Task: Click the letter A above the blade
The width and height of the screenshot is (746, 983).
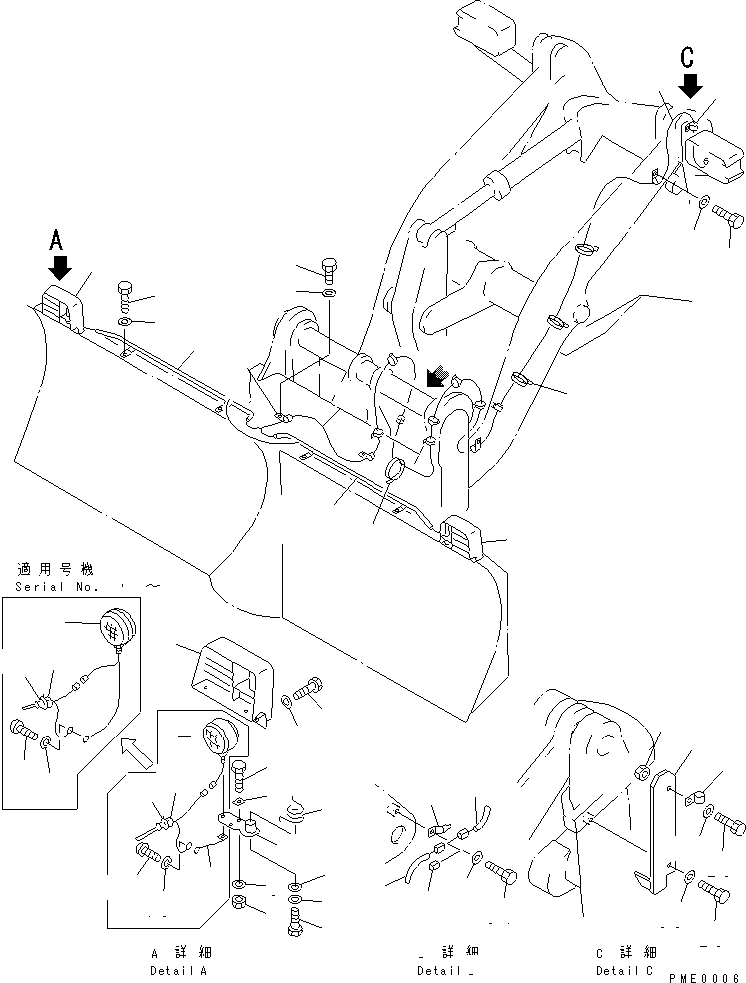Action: coord(58,240)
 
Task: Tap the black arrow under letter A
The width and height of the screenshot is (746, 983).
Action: coord(59,267)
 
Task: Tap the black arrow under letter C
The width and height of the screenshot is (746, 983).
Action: coord(689,86)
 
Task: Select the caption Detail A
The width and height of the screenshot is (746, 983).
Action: coord(180,970)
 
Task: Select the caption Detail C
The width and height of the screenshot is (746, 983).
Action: coord(626,970)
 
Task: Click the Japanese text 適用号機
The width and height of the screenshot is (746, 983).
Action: coord(54,569)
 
